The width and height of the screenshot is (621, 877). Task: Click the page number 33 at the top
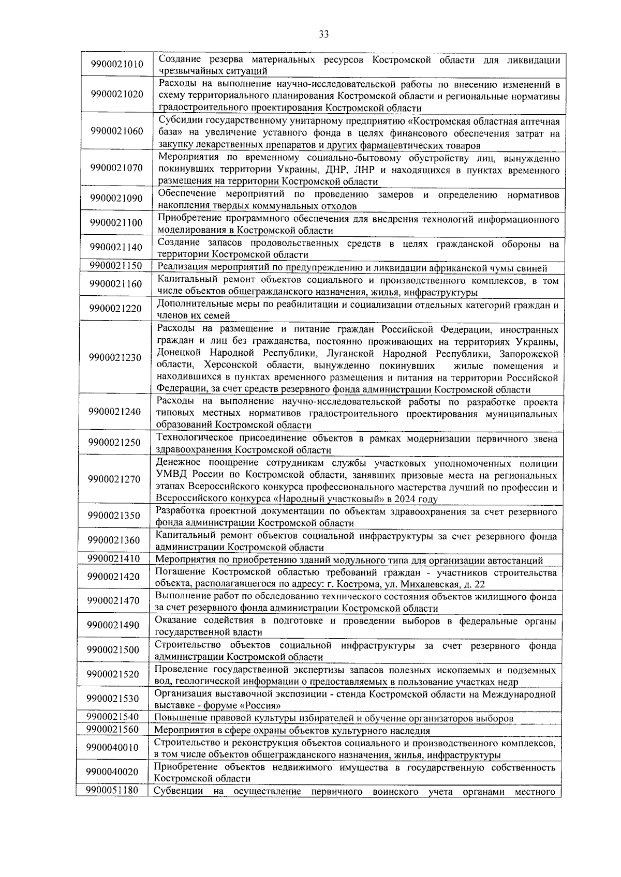(323, 35)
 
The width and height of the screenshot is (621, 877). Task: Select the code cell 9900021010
(117, 65)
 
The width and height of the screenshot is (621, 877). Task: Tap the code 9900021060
(116, 131)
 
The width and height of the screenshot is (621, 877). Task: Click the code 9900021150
(115, 266)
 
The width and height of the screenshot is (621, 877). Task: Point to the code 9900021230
(115, 358)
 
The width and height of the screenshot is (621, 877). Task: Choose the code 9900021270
(114, 479)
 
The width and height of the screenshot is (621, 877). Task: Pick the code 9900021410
(114, 558)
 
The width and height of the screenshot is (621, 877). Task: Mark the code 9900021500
(113, 650)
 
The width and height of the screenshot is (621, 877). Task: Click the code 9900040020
(113, 772)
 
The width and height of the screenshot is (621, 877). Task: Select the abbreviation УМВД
(169, 475)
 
